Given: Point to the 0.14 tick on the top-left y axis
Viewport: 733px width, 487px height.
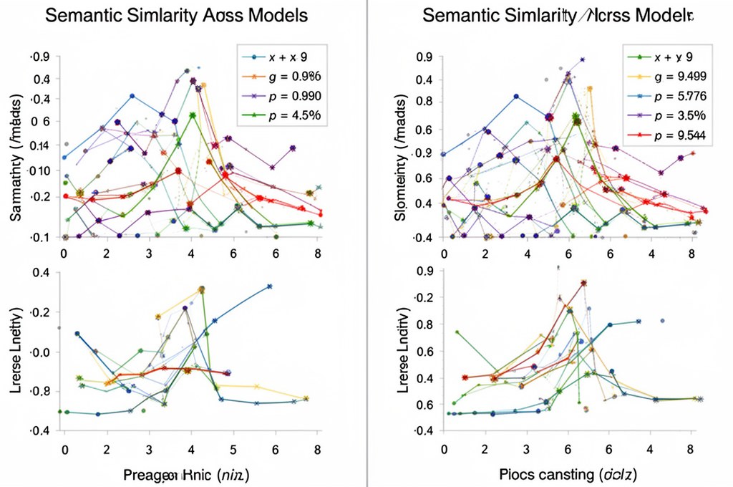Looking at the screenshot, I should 39,146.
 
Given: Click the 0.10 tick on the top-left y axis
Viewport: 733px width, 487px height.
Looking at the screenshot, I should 39,170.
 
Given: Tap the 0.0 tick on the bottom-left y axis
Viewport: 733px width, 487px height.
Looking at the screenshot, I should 39,352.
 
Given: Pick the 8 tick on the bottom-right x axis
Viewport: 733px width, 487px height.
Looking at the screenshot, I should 690,450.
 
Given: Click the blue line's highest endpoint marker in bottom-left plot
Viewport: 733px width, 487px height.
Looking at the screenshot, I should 270,286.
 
